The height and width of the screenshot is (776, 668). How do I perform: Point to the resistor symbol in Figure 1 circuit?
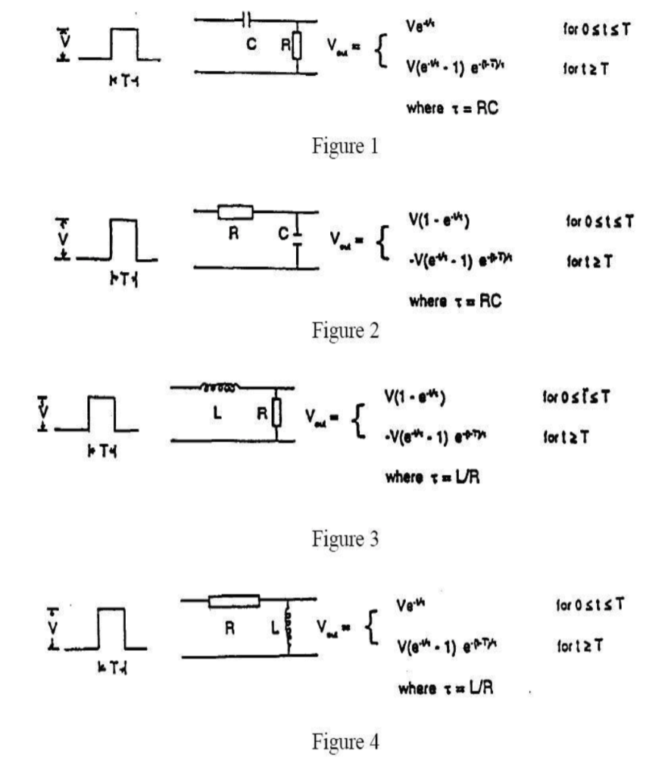(297, 46)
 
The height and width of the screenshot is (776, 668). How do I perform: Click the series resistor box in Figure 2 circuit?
(235, 212)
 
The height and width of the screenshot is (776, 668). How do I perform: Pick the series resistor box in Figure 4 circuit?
(234, 601)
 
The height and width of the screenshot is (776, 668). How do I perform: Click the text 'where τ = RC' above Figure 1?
(455, 108)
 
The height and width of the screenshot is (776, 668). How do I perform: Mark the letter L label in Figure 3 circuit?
(217, 415)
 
